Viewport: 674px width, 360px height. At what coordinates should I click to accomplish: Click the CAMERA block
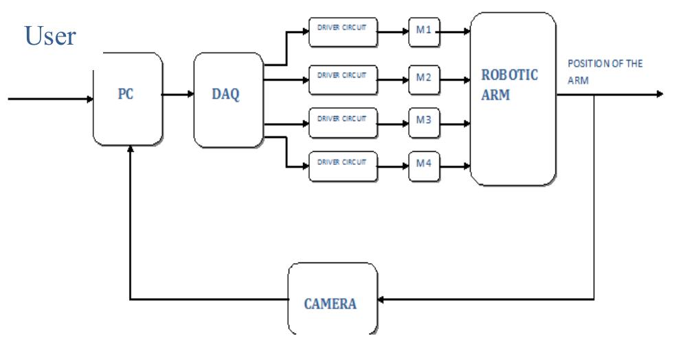coord(332,300)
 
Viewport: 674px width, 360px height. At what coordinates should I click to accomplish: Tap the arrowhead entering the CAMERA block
coord(383,300)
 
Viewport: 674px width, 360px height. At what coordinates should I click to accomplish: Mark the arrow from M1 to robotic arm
coord(455,30)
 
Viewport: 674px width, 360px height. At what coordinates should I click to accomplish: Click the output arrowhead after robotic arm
coord(660,93)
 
